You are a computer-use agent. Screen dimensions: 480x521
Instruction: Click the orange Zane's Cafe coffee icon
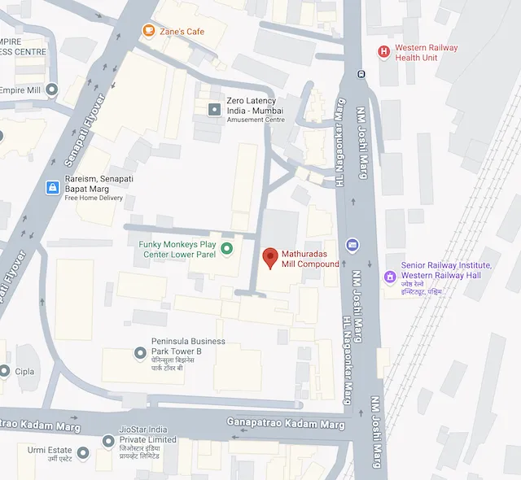point(148,31)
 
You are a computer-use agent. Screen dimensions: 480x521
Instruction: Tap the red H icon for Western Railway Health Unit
point(383,52)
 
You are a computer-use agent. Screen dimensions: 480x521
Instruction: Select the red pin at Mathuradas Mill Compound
point(270,257)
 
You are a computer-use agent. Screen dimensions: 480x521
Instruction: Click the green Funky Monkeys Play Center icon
point(227,248)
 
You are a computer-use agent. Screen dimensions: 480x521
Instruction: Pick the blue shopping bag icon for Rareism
point(52,188)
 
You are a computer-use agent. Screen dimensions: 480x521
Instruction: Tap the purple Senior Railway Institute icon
point(390,277)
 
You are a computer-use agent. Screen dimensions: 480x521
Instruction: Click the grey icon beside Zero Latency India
point(215,109)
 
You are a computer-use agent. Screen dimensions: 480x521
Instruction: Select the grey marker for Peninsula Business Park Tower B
point(140,352)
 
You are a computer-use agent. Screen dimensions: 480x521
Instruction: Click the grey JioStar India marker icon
point(108,440)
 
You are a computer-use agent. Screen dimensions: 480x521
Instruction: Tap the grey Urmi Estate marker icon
point(82,452)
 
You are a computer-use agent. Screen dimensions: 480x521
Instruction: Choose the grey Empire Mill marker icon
point(52,89)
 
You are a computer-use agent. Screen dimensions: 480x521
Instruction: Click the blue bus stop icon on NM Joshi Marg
point(352,244)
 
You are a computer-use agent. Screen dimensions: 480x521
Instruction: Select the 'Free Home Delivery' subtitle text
point(93,198)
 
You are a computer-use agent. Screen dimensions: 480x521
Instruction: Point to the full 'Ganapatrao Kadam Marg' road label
point(288,424)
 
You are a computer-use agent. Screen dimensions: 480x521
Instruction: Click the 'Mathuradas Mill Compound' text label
point(310,259)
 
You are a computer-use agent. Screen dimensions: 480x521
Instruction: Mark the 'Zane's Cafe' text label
point(182,32)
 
